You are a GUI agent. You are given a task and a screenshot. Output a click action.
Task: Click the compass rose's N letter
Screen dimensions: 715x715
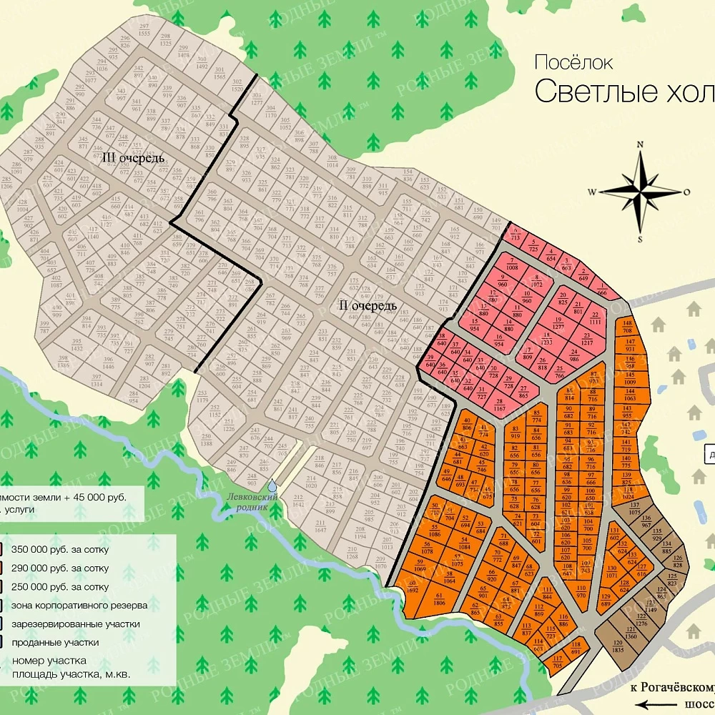(x=641, y=144)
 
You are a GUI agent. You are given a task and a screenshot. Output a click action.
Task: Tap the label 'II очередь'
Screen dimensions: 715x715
(x=366, y=306)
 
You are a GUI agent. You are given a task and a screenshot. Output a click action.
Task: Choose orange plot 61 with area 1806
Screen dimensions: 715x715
(x=438, y=598)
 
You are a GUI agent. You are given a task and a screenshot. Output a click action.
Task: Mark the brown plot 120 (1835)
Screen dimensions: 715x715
(x=617, y=646)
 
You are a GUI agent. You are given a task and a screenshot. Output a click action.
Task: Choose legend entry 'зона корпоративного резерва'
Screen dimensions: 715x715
(x=79, y=605)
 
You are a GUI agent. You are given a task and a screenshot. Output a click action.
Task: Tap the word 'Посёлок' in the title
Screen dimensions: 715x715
(x=573, y=62)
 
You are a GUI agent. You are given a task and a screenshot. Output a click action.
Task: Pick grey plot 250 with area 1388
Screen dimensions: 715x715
(x=206, y=440)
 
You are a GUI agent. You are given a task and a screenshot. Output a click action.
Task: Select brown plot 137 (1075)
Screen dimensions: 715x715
(x=633, y=509)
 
